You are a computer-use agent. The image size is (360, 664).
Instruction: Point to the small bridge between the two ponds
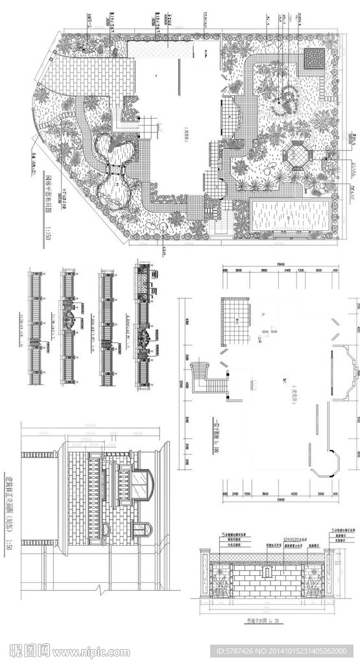pos(115,170)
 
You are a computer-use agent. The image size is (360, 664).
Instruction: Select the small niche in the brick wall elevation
pos(267,573)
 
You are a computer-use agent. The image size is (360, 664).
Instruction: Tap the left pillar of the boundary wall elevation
pos(204,574)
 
